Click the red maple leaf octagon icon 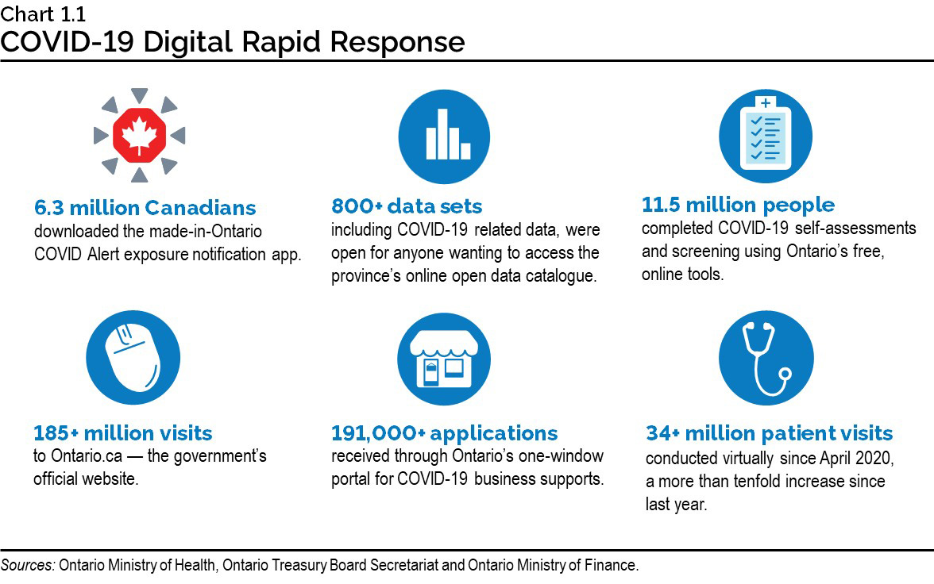click(139, 135)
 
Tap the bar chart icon click(444, 137)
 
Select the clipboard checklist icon click(765, 135)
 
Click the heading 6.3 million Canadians click(145, 208)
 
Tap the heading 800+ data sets click(407, 207)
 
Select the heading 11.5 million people click(738, 205)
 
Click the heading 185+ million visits click(123, 433)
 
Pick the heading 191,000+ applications click(445, 433)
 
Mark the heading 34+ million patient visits click(769, 433)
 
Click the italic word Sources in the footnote click(28, 566)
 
